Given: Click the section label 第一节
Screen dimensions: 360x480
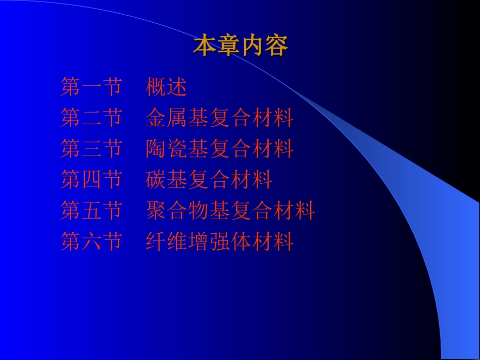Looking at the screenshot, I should click(x=91, y=87).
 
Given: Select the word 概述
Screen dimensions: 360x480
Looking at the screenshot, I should click(x=166, y=87).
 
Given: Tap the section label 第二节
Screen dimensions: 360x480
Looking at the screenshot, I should click(x=91, y=118).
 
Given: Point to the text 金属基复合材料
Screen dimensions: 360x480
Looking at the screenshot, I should click(x=219, y=118).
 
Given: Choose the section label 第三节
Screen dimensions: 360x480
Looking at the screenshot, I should click(x=91, y=149).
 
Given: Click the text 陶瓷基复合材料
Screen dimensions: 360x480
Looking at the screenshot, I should click(x=219, y=149).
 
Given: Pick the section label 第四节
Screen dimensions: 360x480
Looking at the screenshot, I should click(x=91, y=180).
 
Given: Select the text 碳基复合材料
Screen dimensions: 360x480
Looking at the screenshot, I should click(x=209, y=180).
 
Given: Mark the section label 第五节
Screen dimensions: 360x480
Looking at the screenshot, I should click(x=91, y=211).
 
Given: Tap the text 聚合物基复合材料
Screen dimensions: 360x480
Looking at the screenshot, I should click(x=230, y=211).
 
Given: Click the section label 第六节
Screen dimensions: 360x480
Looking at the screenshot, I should click(x=91, y=241).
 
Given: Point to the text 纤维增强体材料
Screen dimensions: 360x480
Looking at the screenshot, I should click(x=219, y=241).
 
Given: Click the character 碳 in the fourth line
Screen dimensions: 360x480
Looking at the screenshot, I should click(x=156, y=180).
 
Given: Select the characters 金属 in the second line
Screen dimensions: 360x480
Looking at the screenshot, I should click(x=166, y=118).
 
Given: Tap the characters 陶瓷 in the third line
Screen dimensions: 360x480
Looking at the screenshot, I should click(x=166, y=149).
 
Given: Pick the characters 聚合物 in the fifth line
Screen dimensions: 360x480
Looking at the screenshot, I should click(x=177, y=211).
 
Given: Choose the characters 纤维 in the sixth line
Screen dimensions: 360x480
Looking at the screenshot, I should click(x=166, y=241).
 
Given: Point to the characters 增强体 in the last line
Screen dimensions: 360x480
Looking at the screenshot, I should click(x=219, y=241).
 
